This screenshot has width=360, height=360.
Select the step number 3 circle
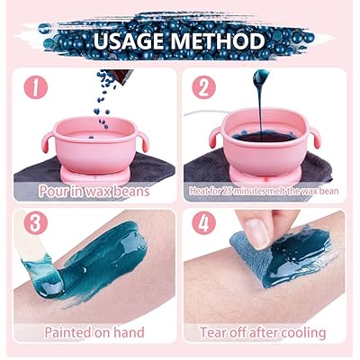point(36,221)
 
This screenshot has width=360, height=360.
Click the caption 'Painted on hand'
point(93,332)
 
